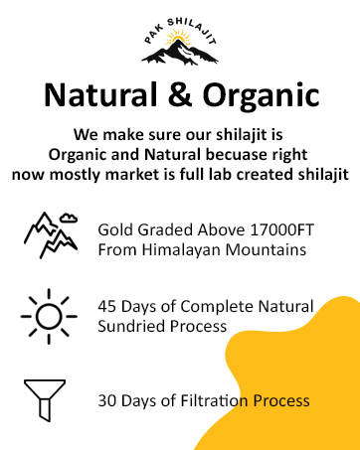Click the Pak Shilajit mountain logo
180,45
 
